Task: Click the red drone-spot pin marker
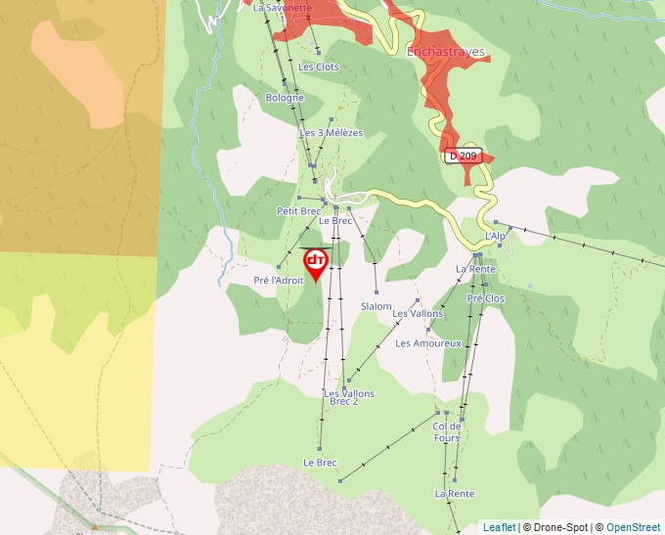[316, 262]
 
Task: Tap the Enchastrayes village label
[445, 53]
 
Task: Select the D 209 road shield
[464, 156]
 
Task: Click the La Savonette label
[282, 8]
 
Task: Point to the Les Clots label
[319, 67]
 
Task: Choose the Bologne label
[285, 98]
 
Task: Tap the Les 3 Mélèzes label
[331, 133]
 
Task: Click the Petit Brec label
[298, 210]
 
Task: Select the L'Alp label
[496, 237]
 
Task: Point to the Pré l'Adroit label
[279, 281]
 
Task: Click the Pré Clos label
[486, 298]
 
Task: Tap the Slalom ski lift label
[377, 306]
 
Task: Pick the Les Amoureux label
[428, 343]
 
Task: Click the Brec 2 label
[344, 401]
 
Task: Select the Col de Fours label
[447, 432]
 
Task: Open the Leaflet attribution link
[499, 527]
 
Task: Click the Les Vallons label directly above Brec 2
[348, 393]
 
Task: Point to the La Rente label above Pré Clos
[475, 269]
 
